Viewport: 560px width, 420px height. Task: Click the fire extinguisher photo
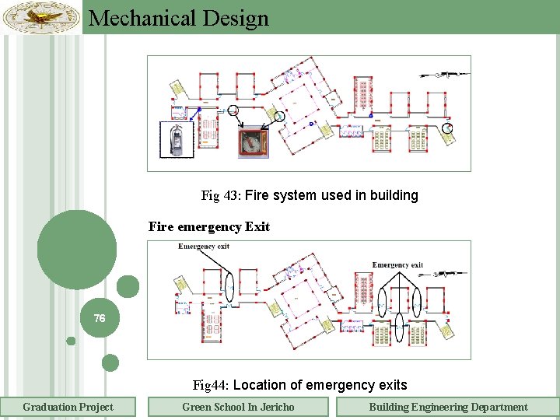click(177, 140)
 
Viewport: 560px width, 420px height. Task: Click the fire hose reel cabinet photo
click(252, 145)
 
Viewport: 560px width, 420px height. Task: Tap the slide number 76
click(100, 319)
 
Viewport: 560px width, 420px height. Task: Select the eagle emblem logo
click(40, 17)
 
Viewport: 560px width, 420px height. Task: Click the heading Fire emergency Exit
click(208, 227)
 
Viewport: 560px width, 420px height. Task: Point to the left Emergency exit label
click(204, 247)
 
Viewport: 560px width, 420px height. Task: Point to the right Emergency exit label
click(397, 264)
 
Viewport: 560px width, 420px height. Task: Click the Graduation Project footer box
click(68, 407)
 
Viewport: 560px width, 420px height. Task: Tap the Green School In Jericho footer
click(238, 407)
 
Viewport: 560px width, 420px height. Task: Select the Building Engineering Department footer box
click(447, 407)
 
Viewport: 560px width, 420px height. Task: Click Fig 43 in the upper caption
click(220, 196)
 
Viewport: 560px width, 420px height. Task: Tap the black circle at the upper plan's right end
click(446, 127)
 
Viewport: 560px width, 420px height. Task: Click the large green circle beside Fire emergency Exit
click(76, 250)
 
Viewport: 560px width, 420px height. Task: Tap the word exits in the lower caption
click(390, 385)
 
